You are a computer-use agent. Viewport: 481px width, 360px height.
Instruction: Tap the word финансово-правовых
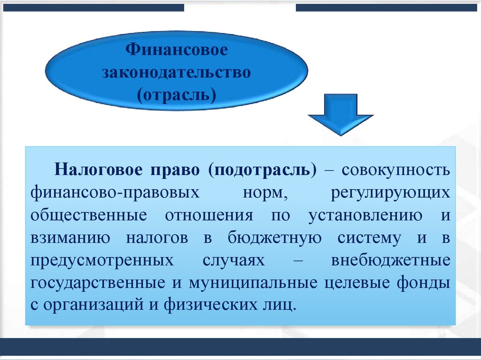click(113, 192)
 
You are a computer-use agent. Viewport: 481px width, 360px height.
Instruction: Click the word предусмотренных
click(101, 261)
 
